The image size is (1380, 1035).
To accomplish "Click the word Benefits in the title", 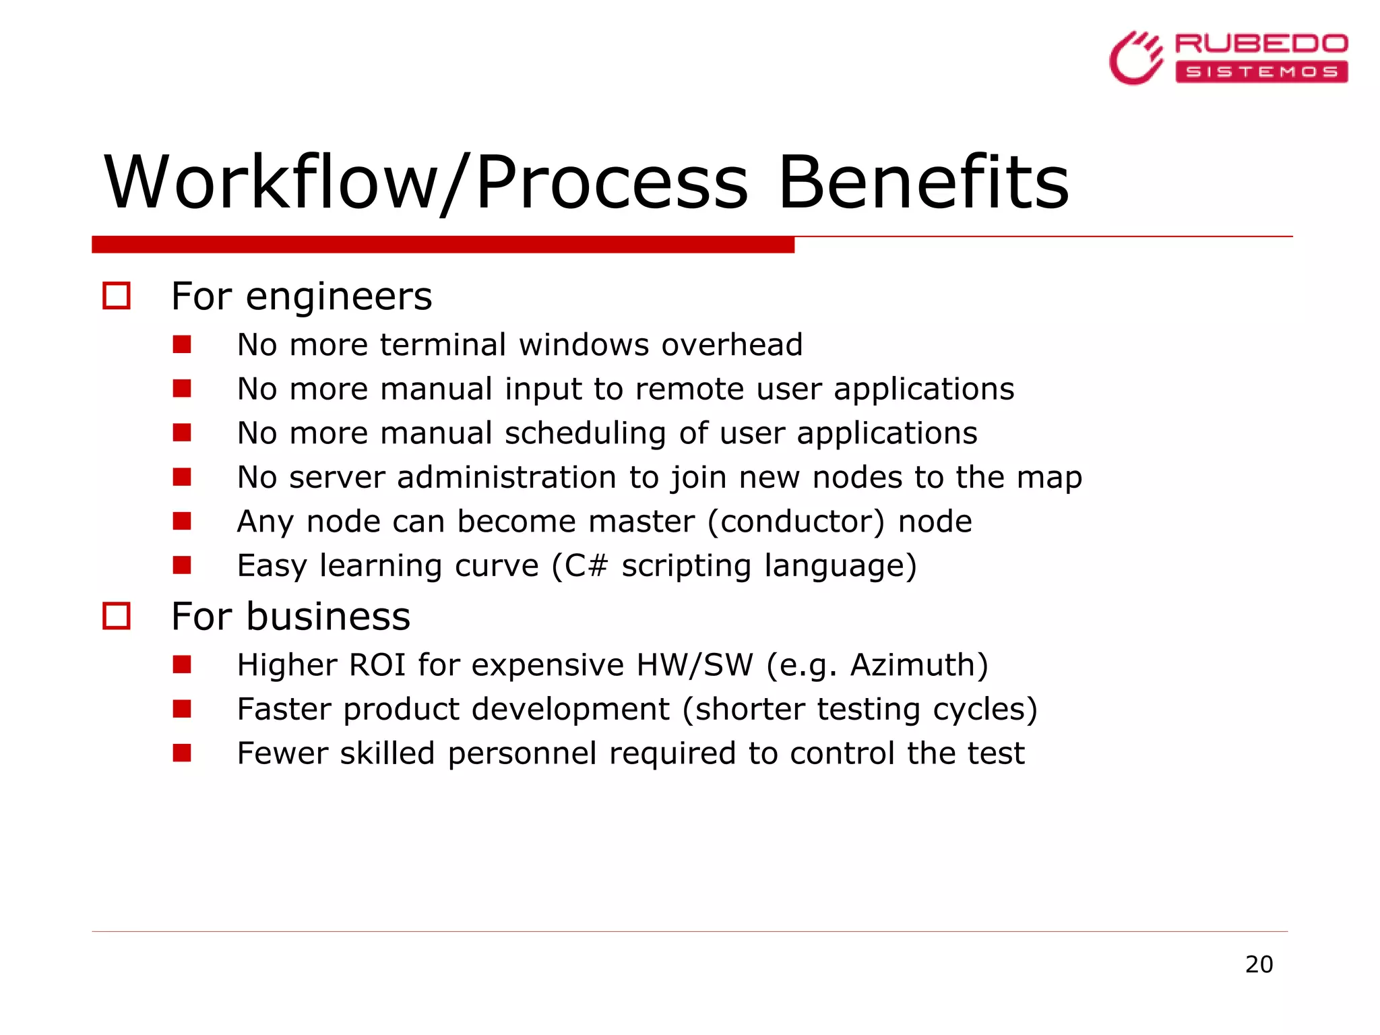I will [922, 183].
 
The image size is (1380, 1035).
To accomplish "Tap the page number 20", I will [1259, 964].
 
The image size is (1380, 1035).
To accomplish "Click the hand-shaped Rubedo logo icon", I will [1136, 58].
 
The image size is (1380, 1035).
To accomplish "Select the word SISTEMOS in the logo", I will [1261, 72].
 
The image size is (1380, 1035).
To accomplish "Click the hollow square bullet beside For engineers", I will [117, 296].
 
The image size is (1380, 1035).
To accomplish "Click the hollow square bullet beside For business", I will [117, 616].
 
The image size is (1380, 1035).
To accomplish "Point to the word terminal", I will [443, 345].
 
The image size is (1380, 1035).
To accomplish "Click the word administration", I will [507, 478].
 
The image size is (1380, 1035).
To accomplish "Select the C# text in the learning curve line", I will [586, 565].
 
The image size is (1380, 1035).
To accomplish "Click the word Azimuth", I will [913, 665].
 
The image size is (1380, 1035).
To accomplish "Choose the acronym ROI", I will [377, 665].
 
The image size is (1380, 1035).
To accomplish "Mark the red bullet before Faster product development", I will [182, 709].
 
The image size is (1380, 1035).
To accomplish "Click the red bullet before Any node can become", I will [182, 522].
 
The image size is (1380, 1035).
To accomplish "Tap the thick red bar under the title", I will [443, 245].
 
